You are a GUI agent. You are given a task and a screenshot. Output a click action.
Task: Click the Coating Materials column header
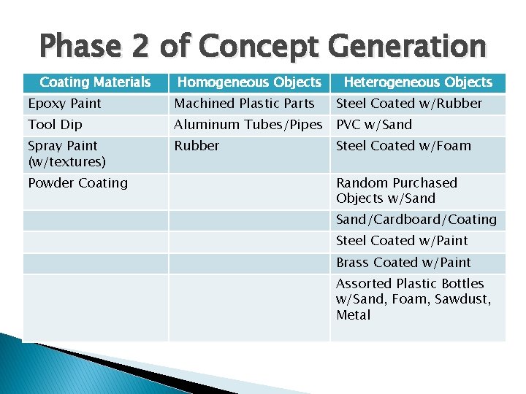(x=95, y=82)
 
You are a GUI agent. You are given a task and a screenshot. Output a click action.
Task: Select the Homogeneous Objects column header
(x=249, y=82)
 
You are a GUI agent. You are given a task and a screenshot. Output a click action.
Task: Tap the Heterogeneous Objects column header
(x=418, y=82)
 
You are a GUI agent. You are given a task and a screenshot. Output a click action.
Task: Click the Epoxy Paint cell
(x=65, y=104)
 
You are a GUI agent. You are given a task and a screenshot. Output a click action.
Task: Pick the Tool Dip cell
(x=56, y=125)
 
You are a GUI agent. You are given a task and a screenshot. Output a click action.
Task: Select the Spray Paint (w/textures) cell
(x=67, y=153)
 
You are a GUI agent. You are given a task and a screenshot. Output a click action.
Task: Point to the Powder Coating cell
(x=77, y=183)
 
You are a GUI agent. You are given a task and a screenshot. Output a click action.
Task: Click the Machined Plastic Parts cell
(x=245, y=104)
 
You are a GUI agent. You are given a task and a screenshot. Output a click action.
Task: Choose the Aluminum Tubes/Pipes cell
(x=248, y=125)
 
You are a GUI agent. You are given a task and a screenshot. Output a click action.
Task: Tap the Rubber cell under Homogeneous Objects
(x=197, y=146)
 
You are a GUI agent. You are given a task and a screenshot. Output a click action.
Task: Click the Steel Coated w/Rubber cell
(x=409, y=104)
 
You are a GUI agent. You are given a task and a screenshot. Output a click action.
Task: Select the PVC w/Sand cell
(x=374, y=125)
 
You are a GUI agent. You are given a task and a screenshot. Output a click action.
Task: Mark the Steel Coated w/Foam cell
(x=403, y=146)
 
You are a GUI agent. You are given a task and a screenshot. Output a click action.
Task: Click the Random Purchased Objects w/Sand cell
(x=397, y=190)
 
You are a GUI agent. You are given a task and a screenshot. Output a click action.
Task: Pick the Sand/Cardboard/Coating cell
(x=416, y=220)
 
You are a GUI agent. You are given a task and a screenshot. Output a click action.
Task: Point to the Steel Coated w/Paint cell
(x=402, y=241)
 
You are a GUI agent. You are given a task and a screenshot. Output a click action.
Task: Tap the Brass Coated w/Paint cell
(x=403, y=263)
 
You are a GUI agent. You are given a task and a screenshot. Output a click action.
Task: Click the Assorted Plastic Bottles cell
(x=413, y=299)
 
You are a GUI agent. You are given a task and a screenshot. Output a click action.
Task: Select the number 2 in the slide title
(x=141, y=47)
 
